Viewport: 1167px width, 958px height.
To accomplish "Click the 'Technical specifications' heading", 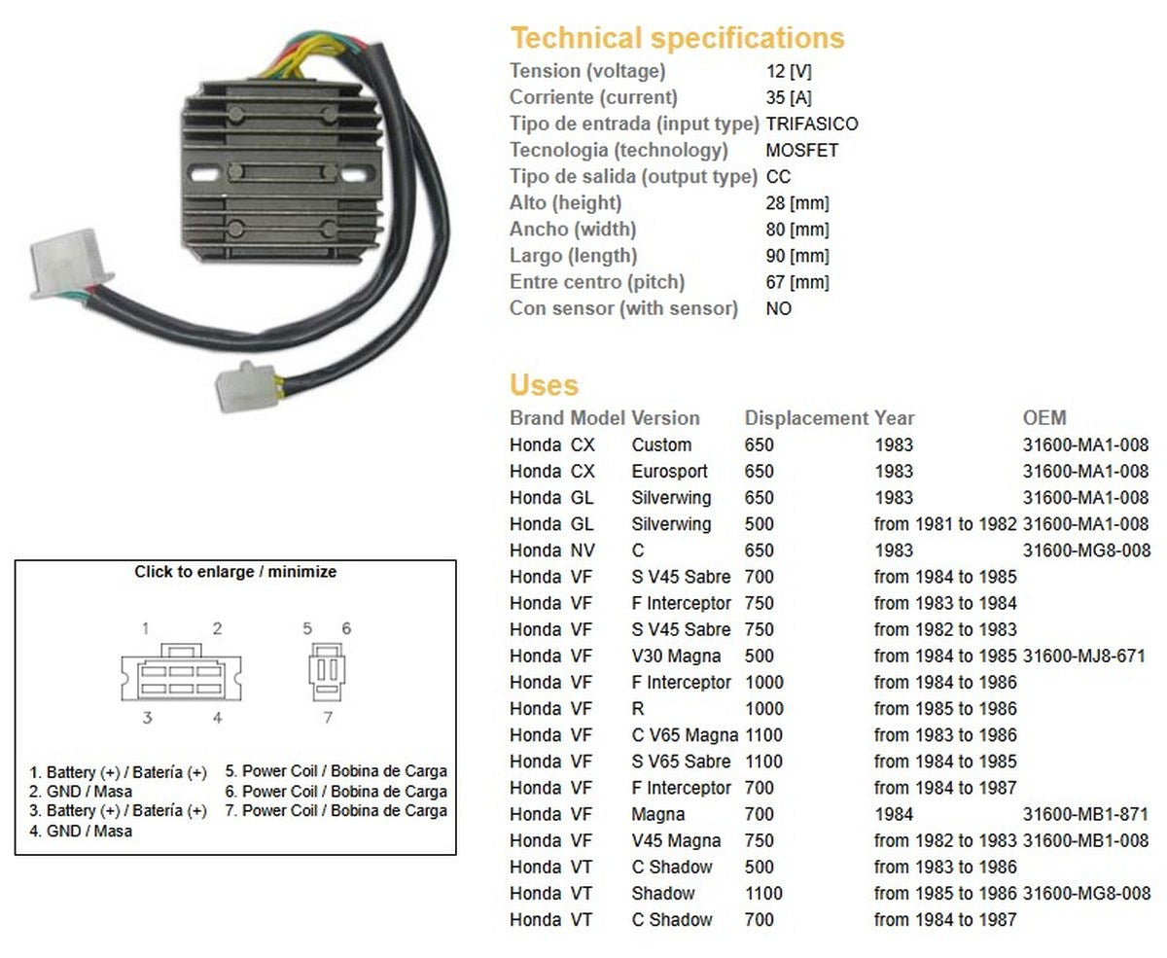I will (677, 39).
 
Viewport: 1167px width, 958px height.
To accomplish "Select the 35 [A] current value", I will (789, 97).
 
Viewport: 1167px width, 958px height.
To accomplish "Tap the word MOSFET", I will (801, 150).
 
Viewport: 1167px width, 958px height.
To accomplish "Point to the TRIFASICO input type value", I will (812, 124).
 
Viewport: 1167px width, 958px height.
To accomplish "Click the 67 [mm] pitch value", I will (797, 282).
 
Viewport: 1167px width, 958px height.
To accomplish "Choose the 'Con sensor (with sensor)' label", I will (623, 308).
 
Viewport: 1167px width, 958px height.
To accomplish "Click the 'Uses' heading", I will (544, 385).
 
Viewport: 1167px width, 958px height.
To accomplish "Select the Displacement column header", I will (805, 418).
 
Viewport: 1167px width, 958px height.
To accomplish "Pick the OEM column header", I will (1044, 418).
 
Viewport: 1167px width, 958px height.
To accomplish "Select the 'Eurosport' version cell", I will (670, 472).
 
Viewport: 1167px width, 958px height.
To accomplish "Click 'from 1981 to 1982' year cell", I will (944, 524).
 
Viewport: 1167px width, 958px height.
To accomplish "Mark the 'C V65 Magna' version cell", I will (685, 735).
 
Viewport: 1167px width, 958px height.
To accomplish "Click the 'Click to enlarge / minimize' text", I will (235, 572).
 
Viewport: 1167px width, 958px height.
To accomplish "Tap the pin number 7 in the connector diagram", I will (328, 718).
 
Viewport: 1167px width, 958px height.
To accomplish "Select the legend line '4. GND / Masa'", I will (82, 832).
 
